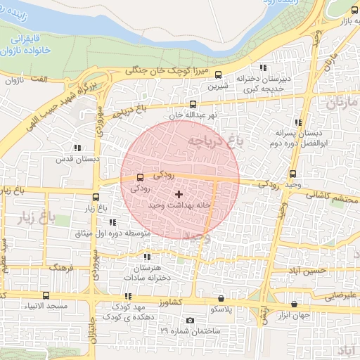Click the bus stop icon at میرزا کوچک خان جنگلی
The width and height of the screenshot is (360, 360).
218,74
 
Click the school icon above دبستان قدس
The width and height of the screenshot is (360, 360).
77,148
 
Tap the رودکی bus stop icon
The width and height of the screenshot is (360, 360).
140,177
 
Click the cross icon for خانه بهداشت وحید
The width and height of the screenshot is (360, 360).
179,194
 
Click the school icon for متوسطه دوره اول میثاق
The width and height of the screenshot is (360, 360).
112,222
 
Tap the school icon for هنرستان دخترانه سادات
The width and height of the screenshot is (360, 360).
146,257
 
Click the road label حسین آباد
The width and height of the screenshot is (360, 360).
309,270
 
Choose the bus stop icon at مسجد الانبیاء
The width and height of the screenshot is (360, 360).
46,296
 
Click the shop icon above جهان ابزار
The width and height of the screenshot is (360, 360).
294,304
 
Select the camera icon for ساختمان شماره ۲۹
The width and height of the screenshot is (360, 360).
189,321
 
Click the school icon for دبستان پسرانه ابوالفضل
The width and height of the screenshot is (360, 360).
298,122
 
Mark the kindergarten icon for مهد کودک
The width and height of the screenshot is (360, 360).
127,297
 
